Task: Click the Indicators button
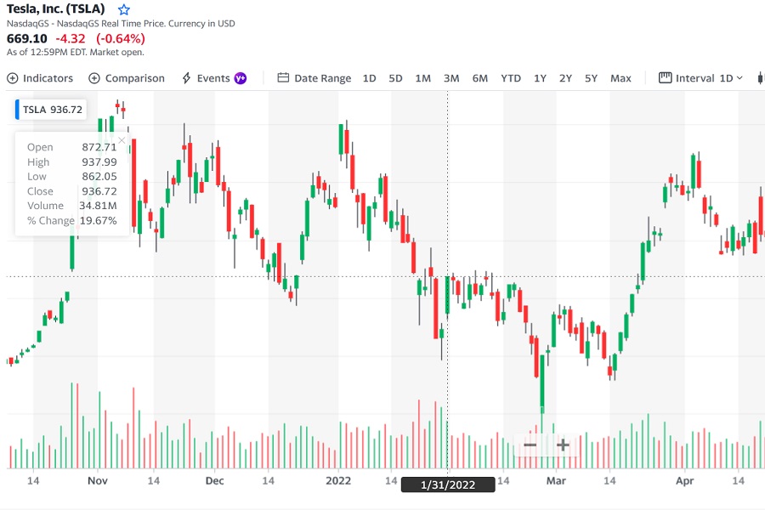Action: [x=41, y=78]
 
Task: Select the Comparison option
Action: [x=127, y=78]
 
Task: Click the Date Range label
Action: [x=314, y=78]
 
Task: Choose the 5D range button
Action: [x=395, y=78]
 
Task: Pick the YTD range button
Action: [x=511, y=78]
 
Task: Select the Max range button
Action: [x=620, y=78]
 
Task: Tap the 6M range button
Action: [x=480, y=78]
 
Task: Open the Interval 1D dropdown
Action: [x=702, y=78]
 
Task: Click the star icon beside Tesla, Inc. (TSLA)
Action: [x=124, y=9]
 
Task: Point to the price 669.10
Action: [x=27, y=38]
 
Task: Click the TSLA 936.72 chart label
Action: [x=52, y=110]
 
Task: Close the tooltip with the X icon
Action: [x=122, y=140]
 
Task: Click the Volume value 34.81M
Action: [x=98, y=206]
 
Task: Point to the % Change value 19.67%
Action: [x=98, y=220]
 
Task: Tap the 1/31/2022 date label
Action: [x=448, y=484]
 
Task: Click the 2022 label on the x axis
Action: [x=338, y=480]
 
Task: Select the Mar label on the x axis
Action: [x=556, y=480]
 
